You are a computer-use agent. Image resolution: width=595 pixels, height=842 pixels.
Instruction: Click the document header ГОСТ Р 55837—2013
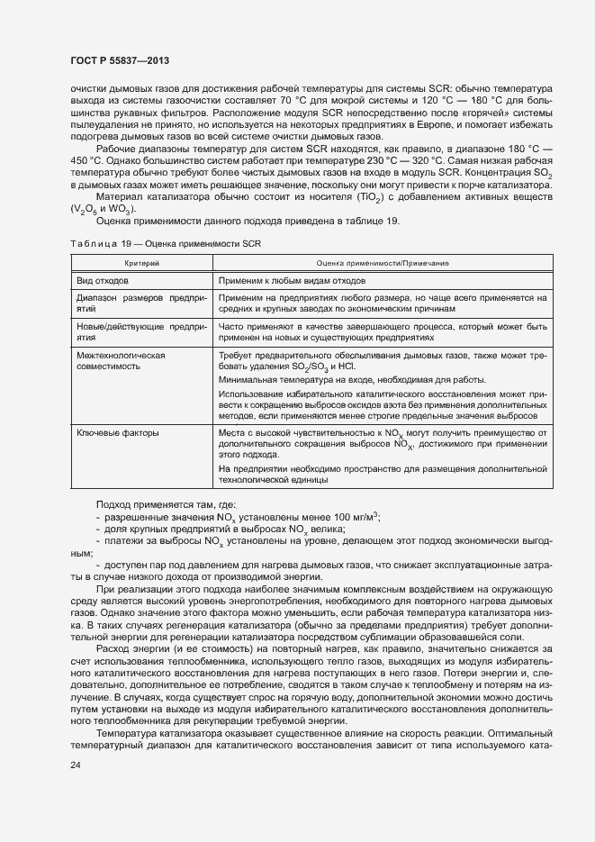[119, 60]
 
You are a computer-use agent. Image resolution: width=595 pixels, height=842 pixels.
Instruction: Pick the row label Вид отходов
[103, 282]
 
